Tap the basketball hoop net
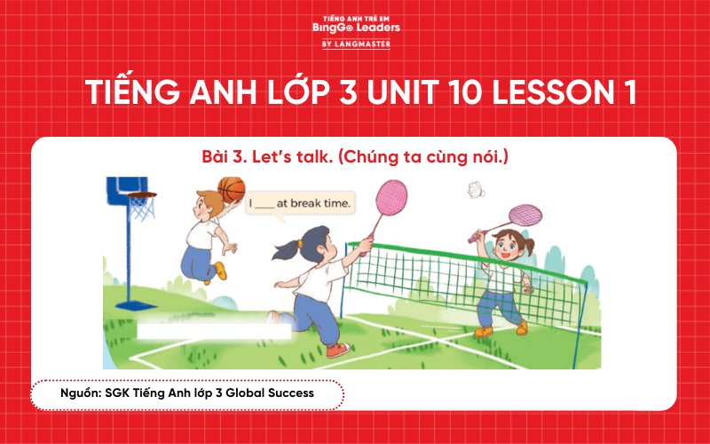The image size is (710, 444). click(x=141, y=208)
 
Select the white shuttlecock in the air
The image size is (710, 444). click(x=477, y=188)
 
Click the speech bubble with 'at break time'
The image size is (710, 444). click(x=300, y=203)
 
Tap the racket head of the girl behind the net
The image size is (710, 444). click(x=525, y=215)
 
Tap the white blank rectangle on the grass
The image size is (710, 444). click(x=214, y=330)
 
